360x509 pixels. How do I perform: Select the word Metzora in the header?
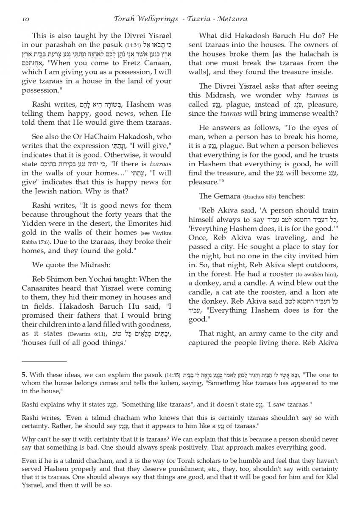click(x=232, y=19)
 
